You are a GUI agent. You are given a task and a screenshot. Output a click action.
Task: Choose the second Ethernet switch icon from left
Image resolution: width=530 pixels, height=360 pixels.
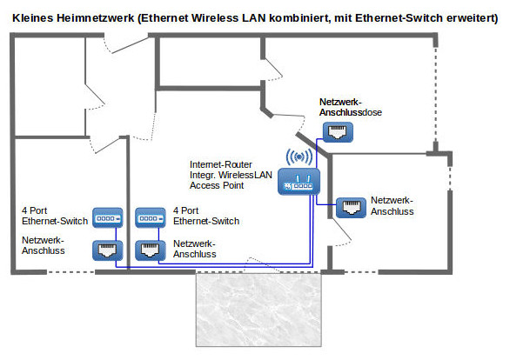(150, 217)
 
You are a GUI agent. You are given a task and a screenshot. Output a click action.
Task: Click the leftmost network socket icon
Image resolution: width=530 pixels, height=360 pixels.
(104, 250)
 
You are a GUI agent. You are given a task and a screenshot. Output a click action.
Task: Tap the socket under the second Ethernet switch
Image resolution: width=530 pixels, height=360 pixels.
(150, 250)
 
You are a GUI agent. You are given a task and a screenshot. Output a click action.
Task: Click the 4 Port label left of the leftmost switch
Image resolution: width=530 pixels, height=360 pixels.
(38, 211)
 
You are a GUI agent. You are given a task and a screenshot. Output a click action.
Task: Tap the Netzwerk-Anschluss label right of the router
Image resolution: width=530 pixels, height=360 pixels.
(392, 205)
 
